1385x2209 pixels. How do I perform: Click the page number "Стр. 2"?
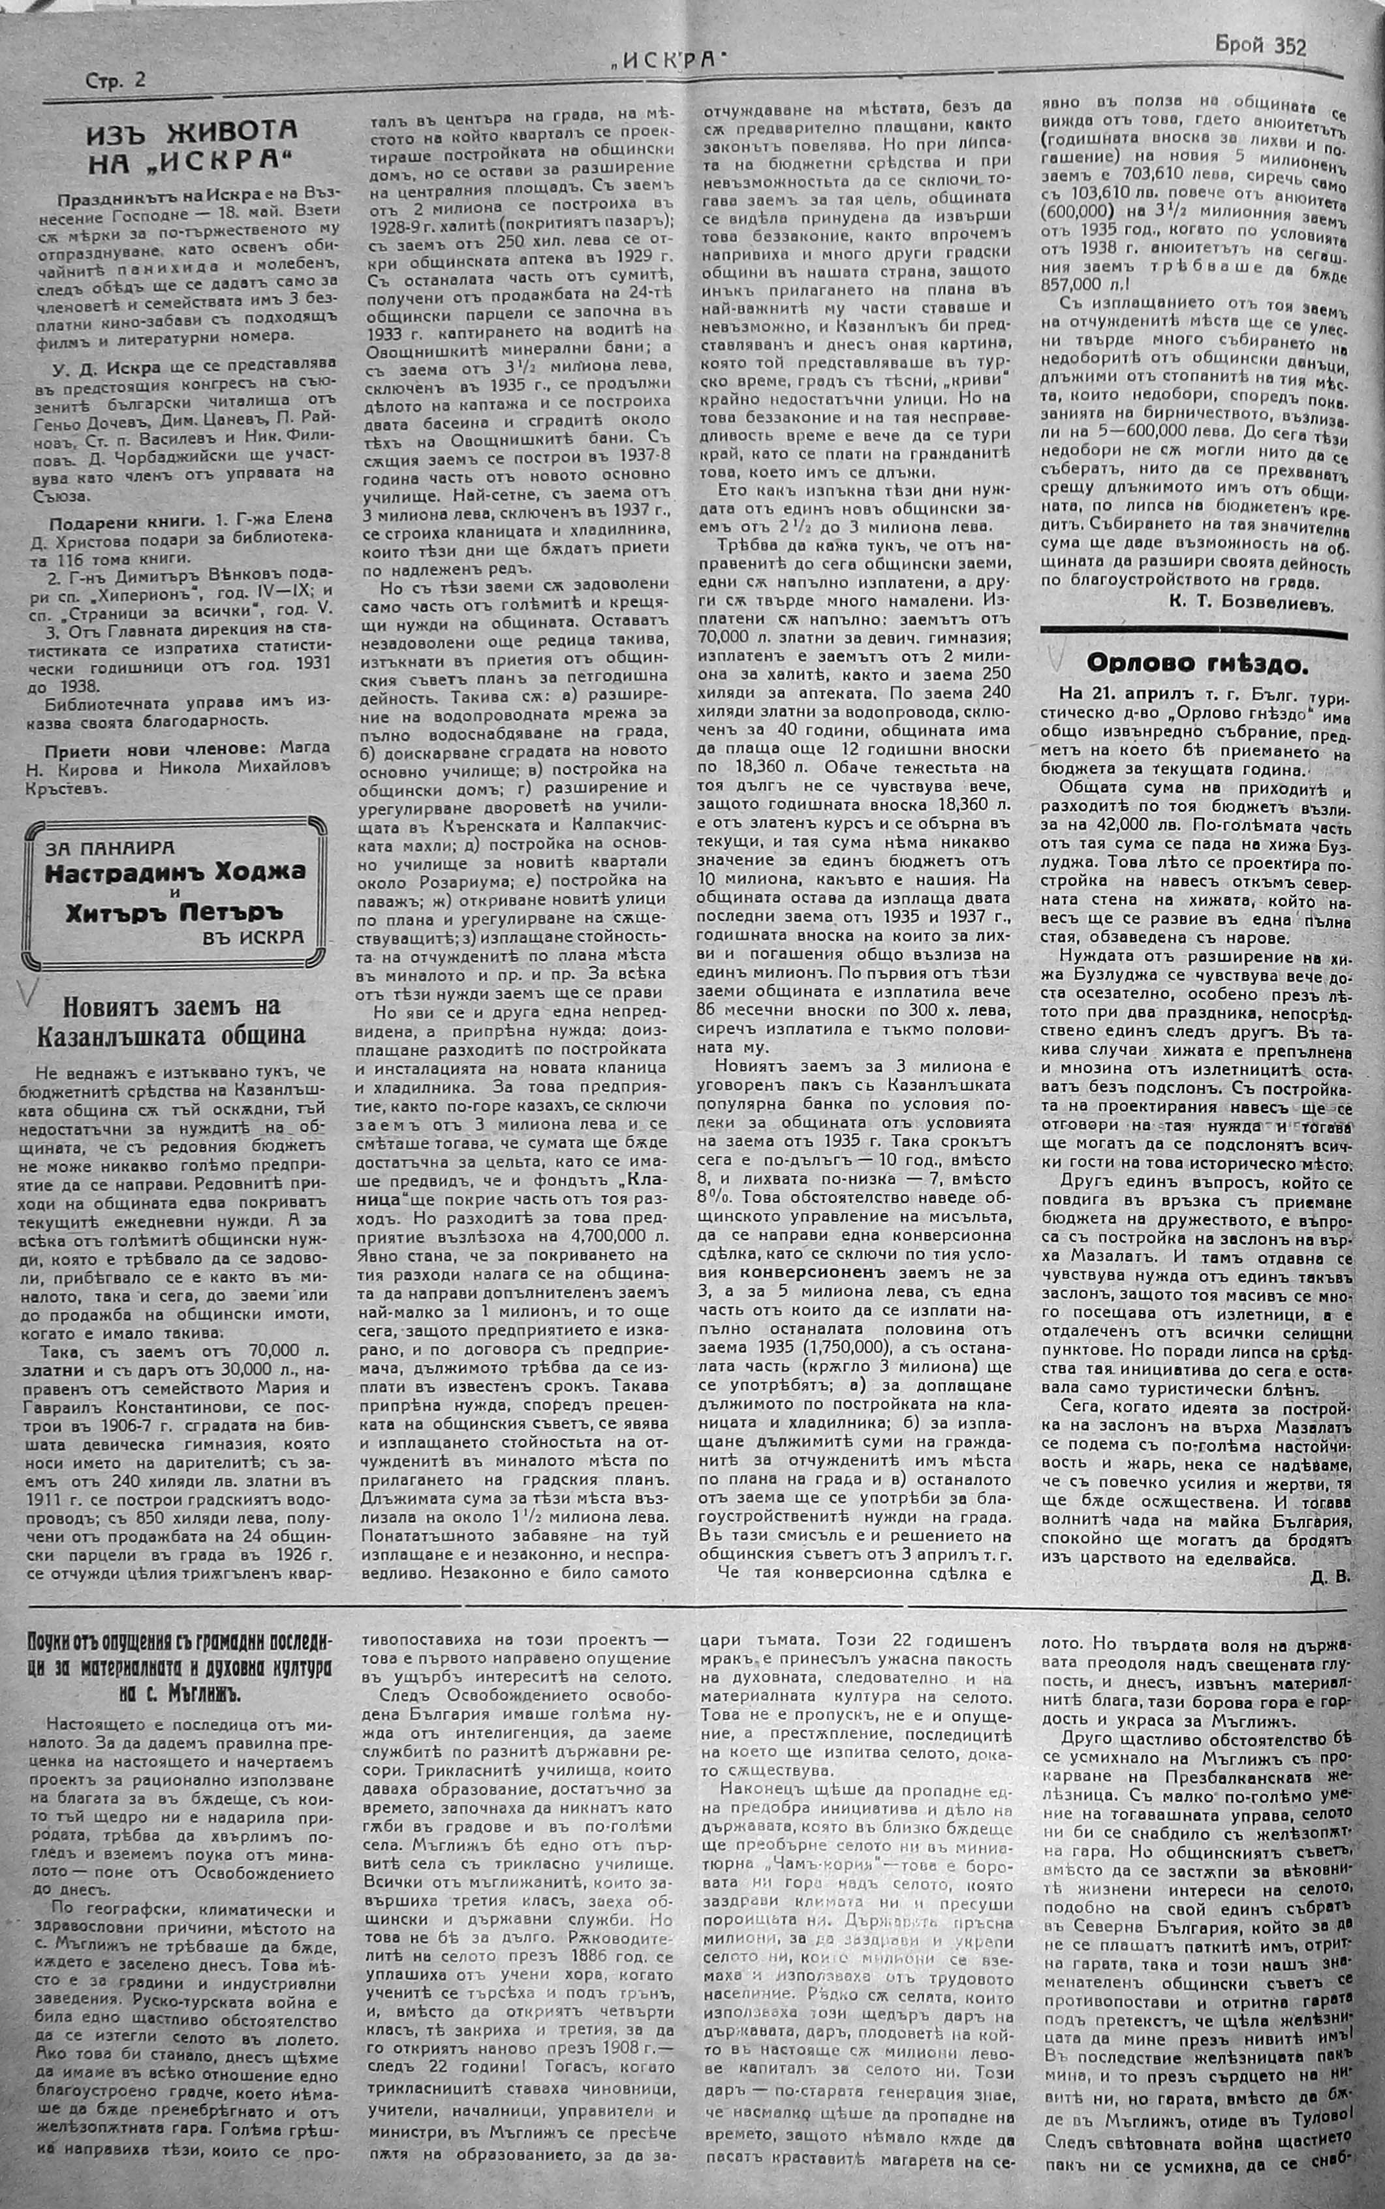116,80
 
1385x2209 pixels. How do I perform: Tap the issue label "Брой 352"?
1260,46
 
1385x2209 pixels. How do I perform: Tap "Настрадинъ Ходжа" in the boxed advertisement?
174,871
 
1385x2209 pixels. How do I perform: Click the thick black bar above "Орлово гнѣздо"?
1194,632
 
